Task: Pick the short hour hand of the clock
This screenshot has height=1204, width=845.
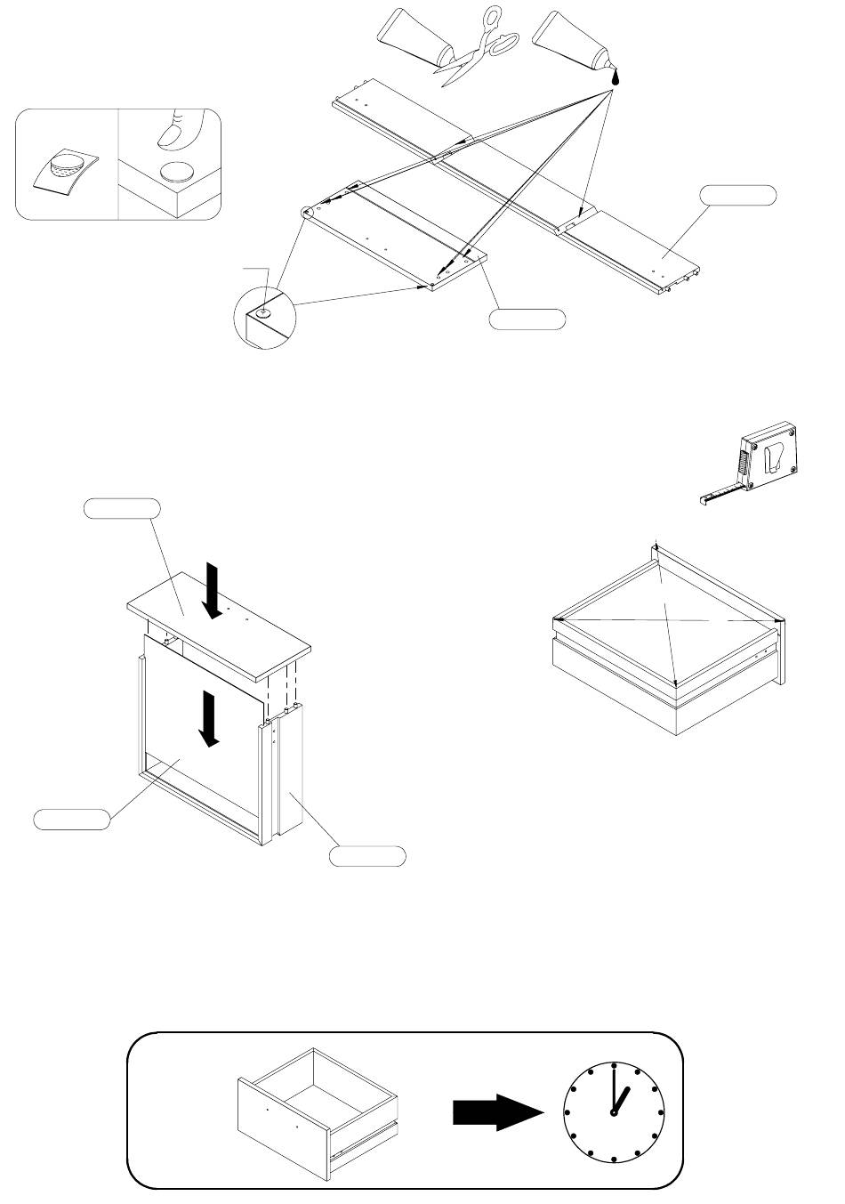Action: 621,1100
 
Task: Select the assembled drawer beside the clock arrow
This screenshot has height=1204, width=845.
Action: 318,1114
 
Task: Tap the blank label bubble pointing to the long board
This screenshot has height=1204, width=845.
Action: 737,195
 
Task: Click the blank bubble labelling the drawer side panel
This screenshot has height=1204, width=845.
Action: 367,856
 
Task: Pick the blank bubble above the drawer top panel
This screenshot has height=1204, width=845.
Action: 121,508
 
